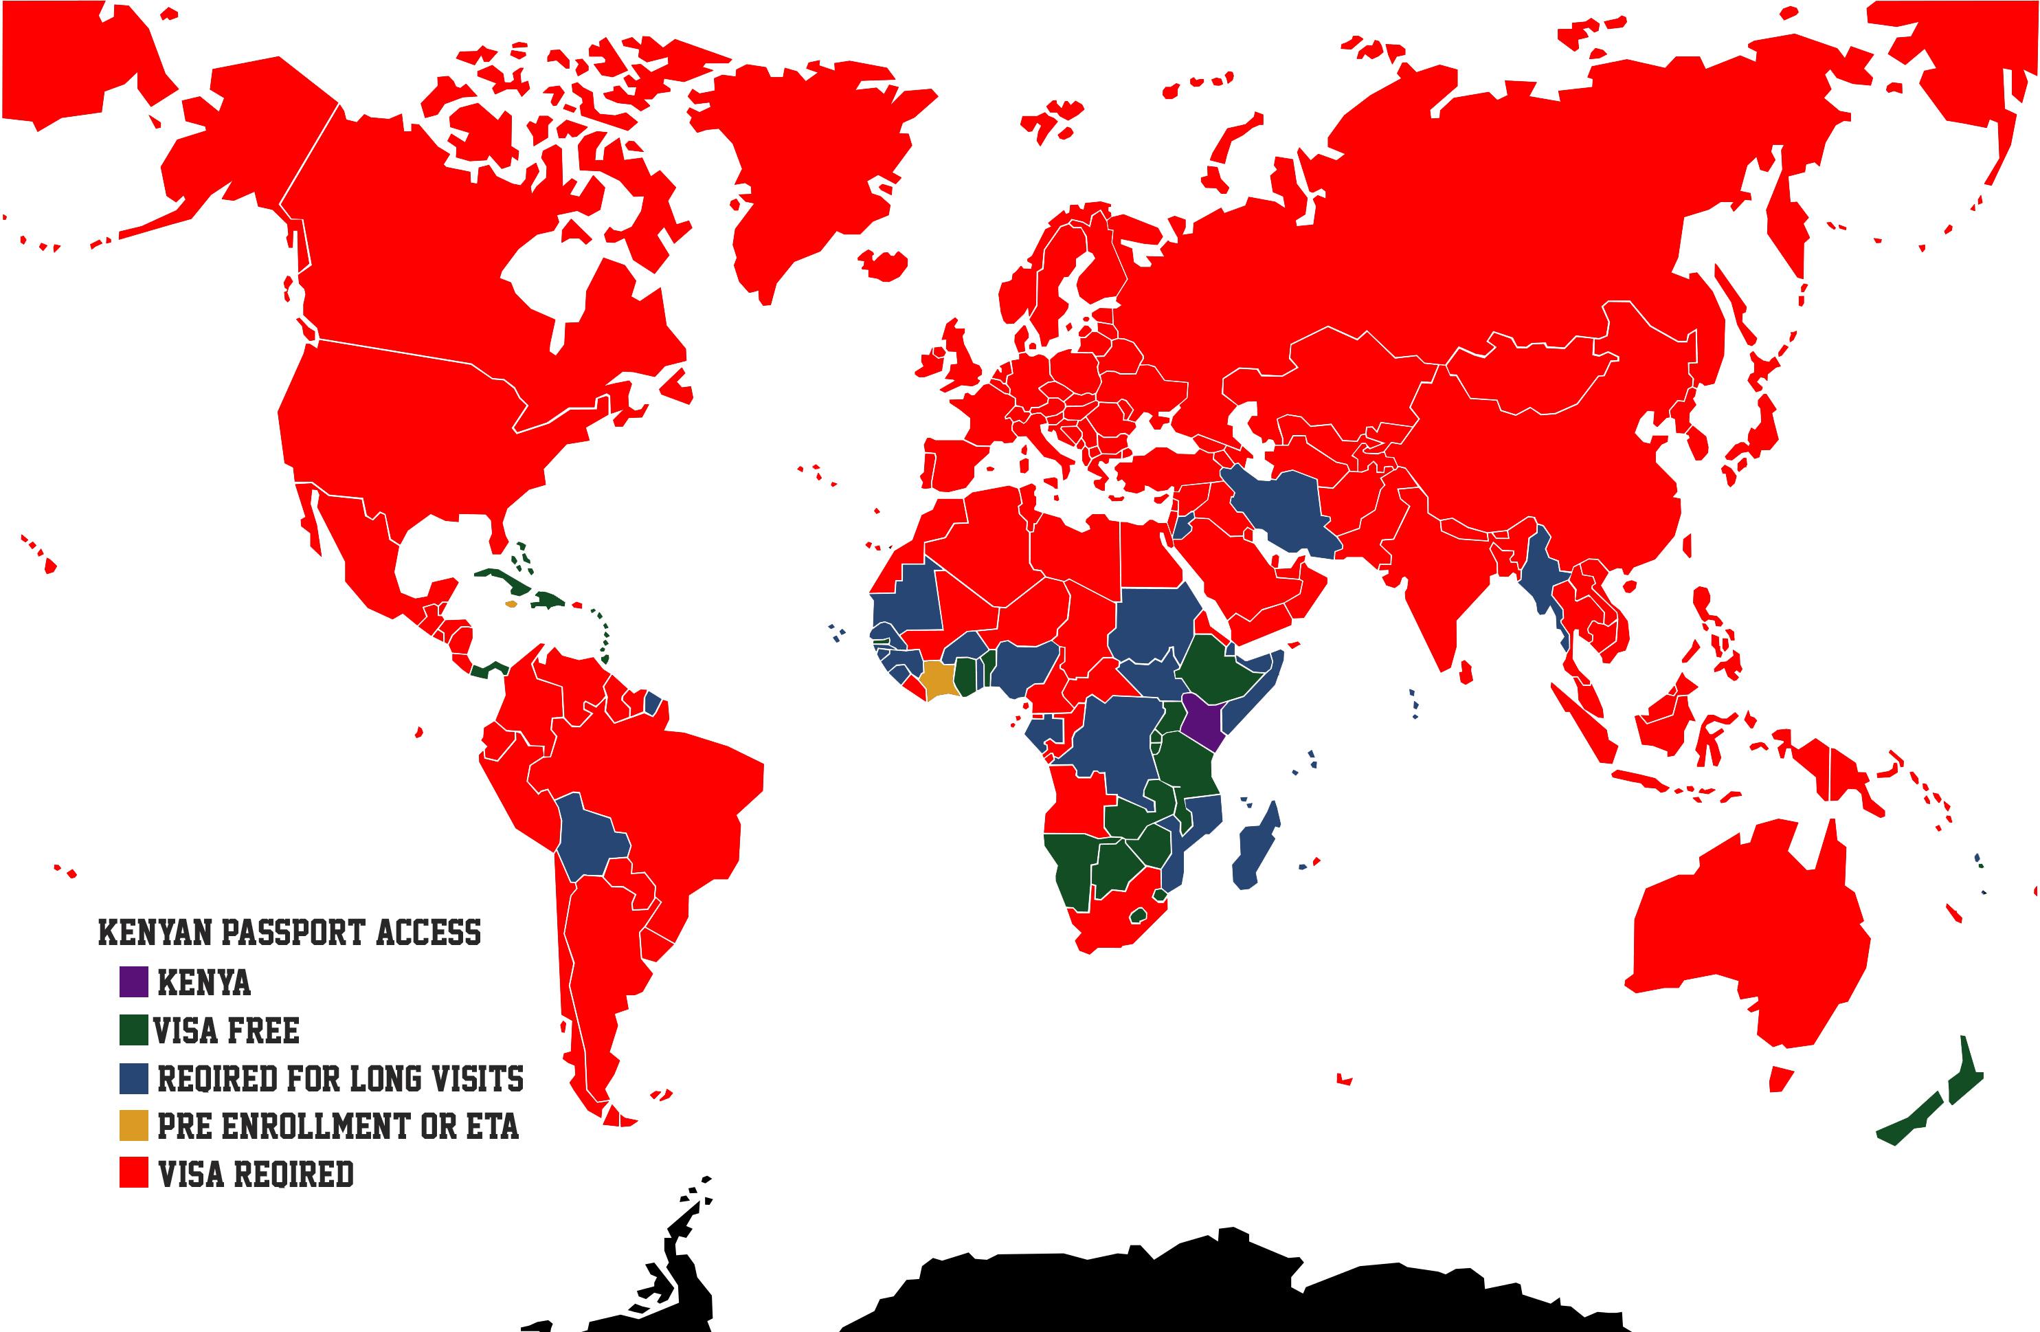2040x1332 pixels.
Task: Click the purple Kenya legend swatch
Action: (x=134, y=981)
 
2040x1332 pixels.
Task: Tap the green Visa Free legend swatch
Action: (x=134, y=1030)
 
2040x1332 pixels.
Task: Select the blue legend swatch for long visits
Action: (x=134, y=1078)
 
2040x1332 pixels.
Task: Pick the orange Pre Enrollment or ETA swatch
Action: (x=134, y=1125)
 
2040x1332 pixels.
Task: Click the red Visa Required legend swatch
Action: (x=134, y=1173)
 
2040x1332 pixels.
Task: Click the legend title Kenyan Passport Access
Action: (x=290, y=933)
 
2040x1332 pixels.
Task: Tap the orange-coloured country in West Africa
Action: (x=939, y=680)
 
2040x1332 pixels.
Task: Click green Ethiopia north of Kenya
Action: (x=1217, y=669)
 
